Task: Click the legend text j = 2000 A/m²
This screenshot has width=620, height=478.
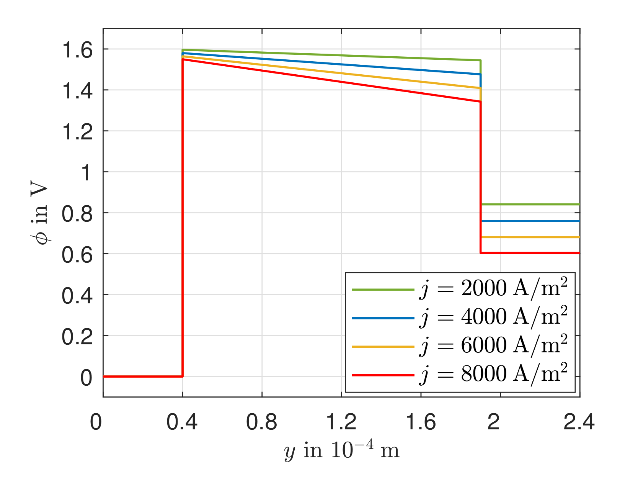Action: coord(493,289)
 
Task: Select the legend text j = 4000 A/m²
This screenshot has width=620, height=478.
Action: coord(493,318)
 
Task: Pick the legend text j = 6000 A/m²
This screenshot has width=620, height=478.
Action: coord(493,346)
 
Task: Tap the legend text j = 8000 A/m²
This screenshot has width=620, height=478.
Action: coord(493,374)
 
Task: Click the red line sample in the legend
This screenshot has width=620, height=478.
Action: coord(383,375)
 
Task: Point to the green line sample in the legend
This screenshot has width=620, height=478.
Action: coord(383,290)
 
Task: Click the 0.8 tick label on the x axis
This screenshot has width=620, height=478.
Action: coord(261,422)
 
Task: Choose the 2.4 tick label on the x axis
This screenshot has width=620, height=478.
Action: coord(579,422)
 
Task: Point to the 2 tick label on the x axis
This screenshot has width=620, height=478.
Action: coord(494,422)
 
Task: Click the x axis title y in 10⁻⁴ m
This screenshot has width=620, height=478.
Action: coord(342,450)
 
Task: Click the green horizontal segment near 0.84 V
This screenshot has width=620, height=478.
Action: coord(530,205)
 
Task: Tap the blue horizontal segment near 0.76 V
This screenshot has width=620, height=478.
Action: coord(530,221)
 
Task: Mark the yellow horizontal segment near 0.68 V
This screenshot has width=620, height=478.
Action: coord(530,237)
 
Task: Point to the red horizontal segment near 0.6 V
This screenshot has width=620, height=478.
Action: coord(530,253)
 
